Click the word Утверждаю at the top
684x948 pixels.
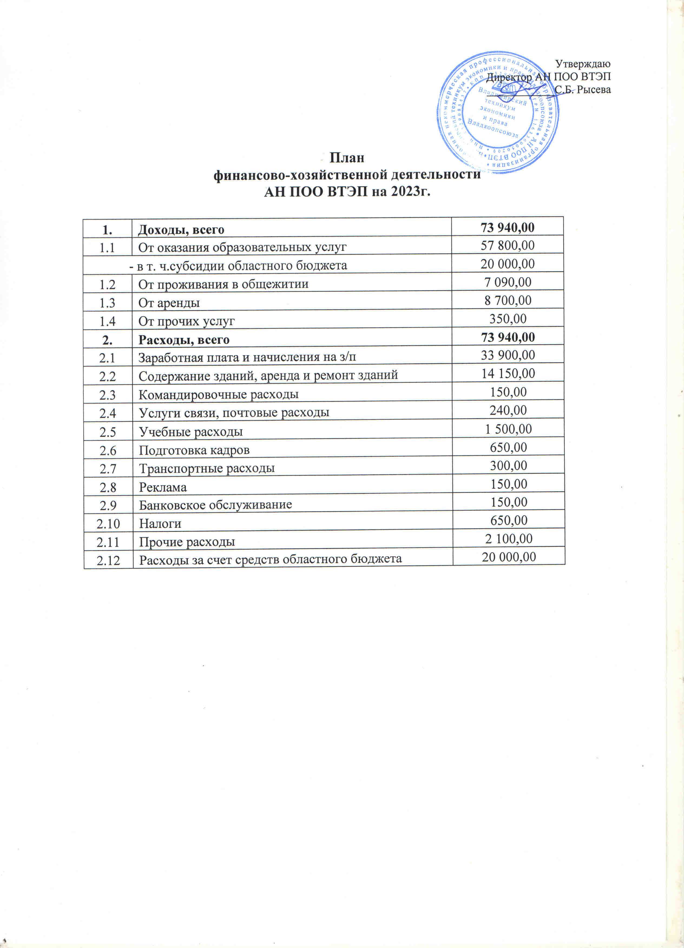pos(583,64)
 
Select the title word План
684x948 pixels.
pos(347,159)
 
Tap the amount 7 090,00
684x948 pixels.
pos(508,282)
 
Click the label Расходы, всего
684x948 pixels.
pos(184,340)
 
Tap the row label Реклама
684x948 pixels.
pos(163,487)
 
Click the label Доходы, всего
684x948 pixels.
pos(181,229)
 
